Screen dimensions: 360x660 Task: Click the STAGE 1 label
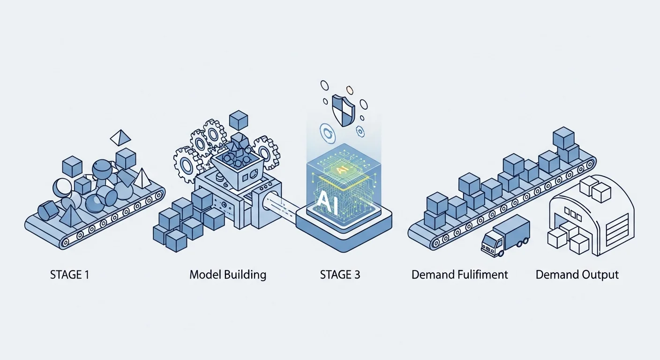click(69, 275)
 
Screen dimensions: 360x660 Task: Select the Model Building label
click(228, 275)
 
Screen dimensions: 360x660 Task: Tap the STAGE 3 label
click(340, 275)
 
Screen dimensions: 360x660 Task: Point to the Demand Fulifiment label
click(459, 275)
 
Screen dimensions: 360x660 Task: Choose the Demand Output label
click(577, 275)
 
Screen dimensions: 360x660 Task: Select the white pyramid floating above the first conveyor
click(120, 137)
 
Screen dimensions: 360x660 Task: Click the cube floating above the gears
click(239, 120)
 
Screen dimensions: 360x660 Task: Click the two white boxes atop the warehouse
click(595, 190)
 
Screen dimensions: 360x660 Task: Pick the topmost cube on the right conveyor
click(563, 138)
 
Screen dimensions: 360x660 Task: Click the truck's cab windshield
click(489, 241)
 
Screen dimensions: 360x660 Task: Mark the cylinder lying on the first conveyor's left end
click(48, 210)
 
